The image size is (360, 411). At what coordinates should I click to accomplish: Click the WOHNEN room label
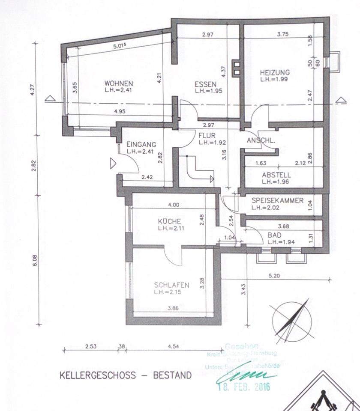click(x=119, y=83)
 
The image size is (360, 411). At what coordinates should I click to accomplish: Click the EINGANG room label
click(x=141, y=145)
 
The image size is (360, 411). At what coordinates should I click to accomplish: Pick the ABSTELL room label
click(x=276, y=175)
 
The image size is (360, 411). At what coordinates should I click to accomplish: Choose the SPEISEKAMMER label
click(x=277, y=200)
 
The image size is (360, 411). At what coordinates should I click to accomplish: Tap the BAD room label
click(x=274, y=235)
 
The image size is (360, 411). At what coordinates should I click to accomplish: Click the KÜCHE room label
click(x=169, y=221)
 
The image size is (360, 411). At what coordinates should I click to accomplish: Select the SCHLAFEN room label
click(x=171, y=285)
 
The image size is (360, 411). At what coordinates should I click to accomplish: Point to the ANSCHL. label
click(x=261, y=140)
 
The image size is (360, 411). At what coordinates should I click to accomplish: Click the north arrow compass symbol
click(x=290, y=321)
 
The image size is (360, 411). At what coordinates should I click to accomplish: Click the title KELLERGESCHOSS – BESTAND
click(x=126, y=375)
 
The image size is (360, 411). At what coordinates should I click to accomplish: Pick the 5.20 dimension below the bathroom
click(x=274, y=276)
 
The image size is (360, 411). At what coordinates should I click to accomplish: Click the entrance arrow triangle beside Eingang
click(x=113, y=164)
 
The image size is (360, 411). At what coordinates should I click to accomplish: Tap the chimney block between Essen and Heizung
click(x=236, y=68)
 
